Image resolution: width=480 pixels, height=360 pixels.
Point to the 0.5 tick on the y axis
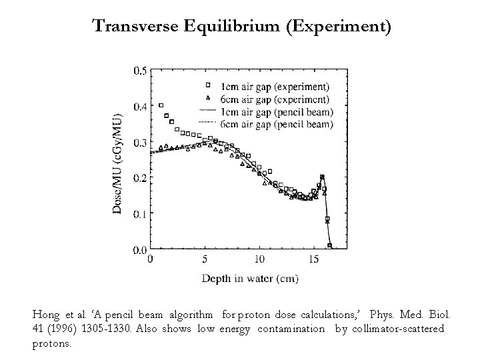point(141,70)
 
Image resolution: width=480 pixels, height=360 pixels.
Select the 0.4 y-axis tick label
point(141,106)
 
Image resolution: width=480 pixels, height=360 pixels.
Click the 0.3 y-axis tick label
point(141,142)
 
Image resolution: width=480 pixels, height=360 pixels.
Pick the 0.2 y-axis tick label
point(141,178)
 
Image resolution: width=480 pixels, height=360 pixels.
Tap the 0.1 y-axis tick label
point(141,214)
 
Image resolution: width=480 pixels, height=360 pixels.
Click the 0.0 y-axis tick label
point(141,250)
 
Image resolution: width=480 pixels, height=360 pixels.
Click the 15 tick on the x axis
point(313,259)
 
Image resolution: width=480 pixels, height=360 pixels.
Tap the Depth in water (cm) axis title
point(250,277)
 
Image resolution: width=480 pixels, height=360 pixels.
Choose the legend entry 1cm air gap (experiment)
point(275,86)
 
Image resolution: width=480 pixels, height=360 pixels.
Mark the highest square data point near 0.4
point(161,105)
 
